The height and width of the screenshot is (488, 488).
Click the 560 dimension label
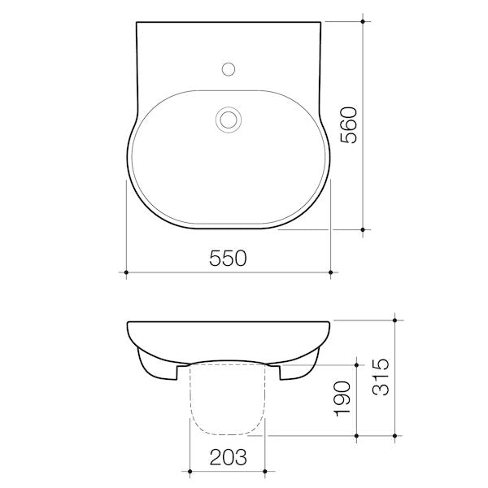pos(349,125)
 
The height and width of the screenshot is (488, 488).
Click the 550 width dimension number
pos(228,258)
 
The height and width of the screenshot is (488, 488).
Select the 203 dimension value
pos(228,457)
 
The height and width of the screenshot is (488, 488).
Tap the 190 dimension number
pos(342,399)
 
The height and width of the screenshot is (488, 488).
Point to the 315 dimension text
pos(381,377)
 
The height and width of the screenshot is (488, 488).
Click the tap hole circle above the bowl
pos(229,69)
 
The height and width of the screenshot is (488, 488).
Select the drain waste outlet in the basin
pos(229,120)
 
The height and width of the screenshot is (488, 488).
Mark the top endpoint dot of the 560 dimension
pos(363,21)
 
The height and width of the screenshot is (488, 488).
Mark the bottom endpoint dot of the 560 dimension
pos(363,229)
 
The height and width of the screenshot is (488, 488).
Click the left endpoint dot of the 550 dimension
pos(126,272)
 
